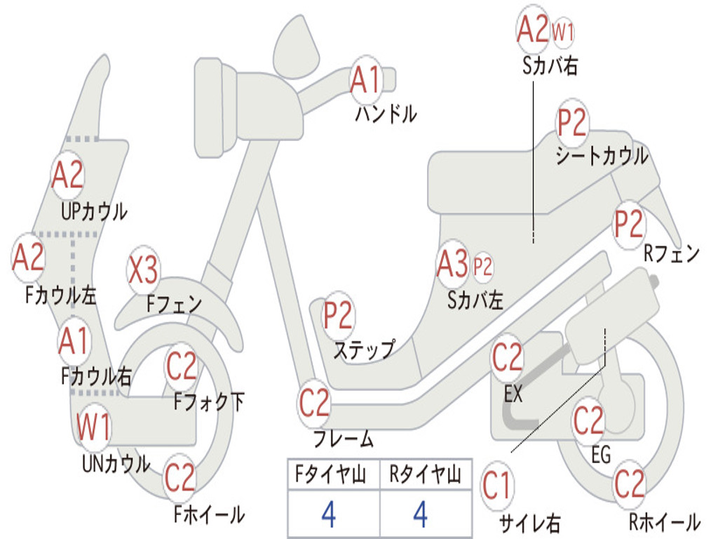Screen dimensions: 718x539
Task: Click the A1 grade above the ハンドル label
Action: coord(365,79)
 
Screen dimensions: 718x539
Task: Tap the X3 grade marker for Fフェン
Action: coord(143,270)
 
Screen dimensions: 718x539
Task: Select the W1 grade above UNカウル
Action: coord(93,427)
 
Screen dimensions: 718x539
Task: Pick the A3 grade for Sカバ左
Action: coord(453,264)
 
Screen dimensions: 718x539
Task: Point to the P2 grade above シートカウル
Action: coord(571,122)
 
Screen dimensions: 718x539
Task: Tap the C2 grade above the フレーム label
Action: coord(314,402)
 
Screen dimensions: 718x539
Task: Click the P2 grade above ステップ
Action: coord(338,315)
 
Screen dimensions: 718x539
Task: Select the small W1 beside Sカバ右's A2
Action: coord(563,32)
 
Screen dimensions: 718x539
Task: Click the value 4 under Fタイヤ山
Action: coord(329,514)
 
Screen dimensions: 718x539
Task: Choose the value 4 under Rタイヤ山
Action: coord(421,514)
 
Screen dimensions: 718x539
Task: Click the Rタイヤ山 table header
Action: coord(426,474)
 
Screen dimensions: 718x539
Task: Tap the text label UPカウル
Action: coord(95,212)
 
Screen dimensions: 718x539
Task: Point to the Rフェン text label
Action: coord(672,253)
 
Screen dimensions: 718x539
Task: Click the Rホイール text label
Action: coord(665,521)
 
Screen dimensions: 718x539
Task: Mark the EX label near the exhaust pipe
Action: coord(513,393)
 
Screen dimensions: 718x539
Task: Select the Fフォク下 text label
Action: coord(209,402)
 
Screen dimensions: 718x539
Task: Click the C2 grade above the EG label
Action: coord(588,420)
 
